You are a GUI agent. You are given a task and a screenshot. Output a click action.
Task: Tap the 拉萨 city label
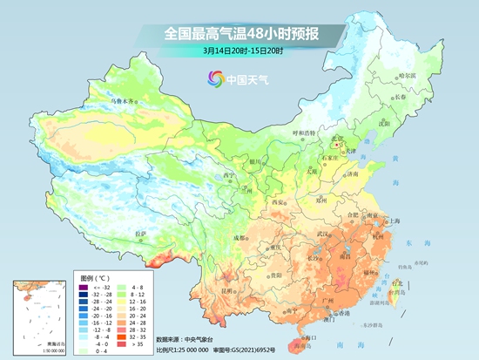(141, 234)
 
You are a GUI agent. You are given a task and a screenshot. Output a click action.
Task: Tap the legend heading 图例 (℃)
(86, 277)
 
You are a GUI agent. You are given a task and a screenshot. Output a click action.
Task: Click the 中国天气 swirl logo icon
(213, 79)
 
